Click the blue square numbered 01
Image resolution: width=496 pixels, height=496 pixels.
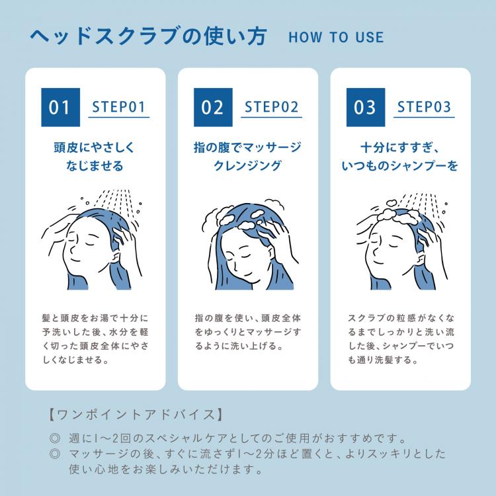pos(60,107)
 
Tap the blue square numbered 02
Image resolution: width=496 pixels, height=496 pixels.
pos(212,107)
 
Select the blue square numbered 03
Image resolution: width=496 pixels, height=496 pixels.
pos(364,107)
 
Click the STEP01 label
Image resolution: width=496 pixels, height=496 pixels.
pos(119,107)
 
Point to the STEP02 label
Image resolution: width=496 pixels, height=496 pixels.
pos(271,107)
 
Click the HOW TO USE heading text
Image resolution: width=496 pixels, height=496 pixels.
pos(336,37)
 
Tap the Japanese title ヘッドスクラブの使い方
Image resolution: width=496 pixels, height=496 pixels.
pos(149,36)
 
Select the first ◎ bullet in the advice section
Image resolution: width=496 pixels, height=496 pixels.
pos(55,438)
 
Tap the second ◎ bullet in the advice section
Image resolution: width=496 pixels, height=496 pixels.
pos(55,455)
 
